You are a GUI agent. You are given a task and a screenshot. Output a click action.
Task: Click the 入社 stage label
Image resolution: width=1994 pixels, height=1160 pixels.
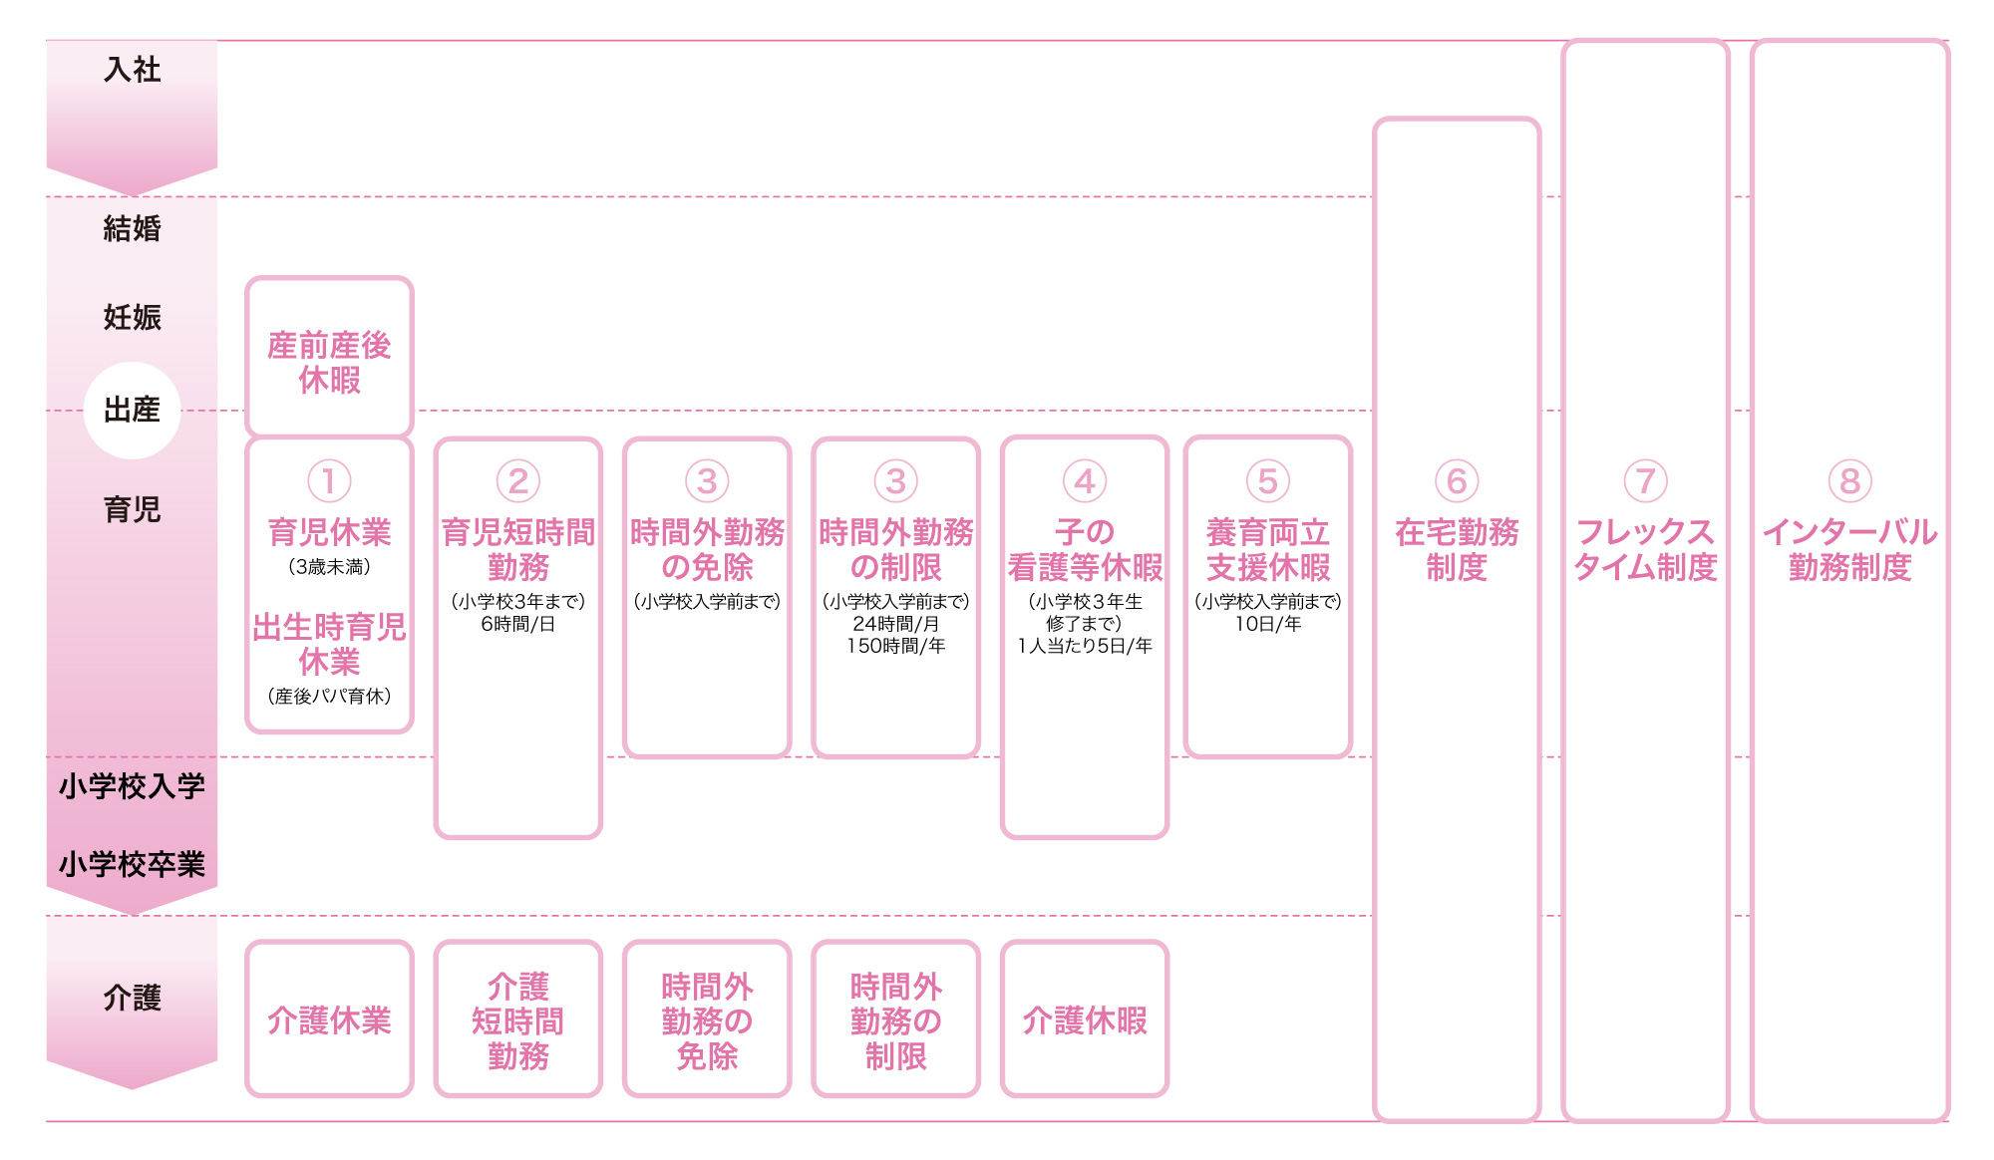(132, 70)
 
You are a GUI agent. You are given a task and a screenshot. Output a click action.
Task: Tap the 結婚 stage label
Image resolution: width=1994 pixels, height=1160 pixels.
(132, 229)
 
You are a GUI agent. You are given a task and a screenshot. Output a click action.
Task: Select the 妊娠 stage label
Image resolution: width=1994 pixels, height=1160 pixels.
(132, 318)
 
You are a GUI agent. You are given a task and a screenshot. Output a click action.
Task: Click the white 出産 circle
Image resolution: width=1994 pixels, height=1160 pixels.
(132, 410)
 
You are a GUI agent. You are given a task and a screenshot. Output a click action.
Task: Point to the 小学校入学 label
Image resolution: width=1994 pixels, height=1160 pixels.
(132, 786)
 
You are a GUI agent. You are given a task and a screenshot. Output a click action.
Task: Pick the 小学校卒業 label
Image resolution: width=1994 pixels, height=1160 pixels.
(132, 864)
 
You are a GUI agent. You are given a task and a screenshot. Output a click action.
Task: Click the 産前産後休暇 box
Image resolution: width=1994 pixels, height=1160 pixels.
(329, 360)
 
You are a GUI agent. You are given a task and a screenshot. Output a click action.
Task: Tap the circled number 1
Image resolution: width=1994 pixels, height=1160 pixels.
(329, 481)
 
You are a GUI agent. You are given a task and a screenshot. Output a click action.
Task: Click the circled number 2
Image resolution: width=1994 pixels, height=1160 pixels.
(517, 481)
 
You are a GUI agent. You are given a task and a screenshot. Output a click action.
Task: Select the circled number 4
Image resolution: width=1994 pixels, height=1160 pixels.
(1085, 481)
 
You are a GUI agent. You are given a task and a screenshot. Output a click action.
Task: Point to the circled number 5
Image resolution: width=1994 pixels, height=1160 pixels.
(1267, 481)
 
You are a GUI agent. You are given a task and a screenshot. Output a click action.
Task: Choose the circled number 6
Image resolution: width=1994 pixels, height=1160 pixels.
(1457, 481)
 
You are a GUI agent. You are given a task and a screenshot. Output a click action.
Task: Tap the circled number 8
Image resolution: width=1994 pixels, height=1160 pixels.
(1849, 481)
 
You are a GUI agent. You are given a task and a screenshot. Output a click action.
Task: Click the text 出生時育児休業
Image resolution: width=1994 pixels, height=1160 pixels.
(329, 644)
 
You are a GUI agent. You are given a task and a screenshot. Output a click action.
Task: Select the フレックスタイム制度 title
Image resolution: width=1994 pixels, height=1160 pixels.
(1645, 549)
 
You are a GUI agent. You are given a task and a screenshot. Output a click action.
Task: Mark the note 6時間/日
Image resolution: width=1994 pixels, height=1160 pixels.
(517, 624)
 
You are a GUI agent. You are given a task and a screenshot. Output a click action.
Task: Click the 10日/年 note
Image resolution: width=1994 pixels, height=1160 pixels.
(1267, 624)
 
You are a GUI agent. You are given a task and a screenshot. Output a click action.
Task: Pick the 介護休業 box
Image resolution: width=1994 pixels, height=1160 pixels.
(329, 1019)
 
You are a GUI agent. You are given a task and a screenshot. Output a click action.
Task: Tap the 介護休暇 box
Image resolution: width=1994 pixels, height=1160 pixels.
(1085, 1019)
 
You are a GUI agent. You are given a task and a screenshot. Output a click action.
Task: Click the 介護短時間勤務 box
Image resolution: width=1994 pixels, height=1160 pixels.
(517, 1019)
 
